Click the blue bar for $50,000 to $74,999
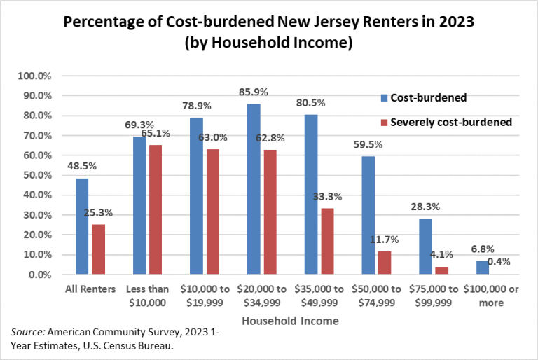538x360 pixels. (x=368, y=215)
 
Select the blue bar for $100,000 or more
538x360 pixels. (x=483, y=268)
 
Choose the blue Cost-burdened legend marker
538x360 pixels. (x=385, y=98)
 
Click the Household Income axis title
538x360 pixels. (x=290, y=321)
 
